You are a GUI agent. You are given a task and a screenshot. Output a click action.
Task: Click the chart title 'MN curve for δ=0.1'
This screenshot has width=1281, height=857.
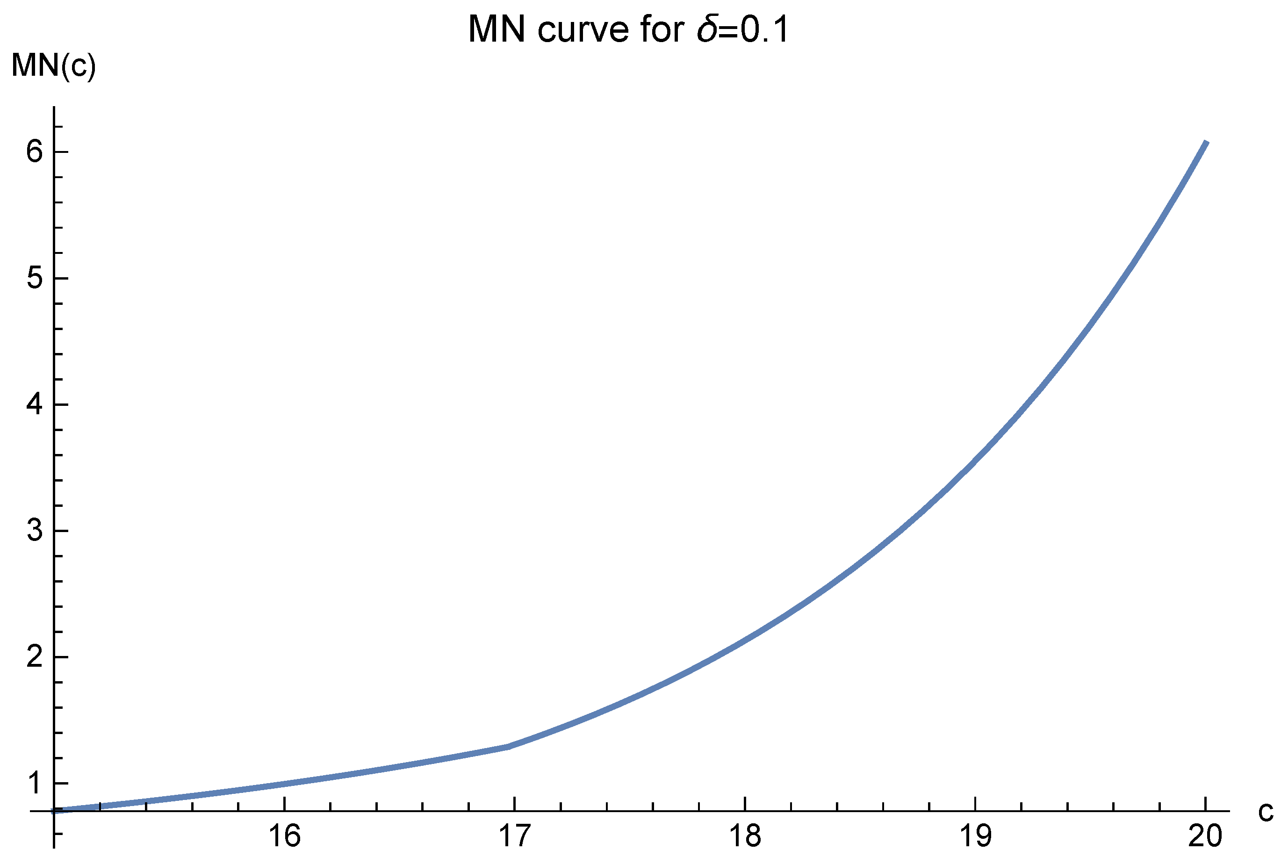point(629,29)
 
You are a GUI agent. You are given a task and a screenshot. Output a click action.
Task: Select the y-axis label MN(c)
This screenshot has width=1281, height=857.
point(53,66)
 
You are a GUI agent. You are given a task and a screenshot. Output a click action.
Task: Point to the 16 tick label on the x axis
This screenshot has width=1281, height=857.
point(285,836)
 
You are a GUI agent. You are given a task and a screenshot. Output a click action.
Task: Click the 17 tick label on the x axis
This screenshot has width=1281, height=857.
point(515,836)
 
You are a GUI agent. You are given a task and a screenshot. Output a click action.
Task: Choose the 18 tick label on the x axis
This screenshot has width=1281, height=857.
point(745,836)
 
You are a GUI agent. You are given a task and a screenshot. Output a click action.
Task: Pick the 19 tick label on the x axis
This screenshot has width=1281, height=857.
point(975,836)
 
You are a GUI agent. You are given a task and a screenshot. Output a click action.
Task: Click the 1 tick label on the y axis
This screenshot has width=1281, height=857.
point(35,783)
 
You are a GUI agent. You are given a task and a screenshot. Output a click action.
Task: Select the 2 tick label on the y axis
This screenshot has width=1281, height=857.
point(35,657)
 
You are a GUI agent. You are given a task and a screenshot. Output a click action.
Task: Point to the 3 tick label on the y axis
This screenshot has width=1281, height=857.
point(35,531)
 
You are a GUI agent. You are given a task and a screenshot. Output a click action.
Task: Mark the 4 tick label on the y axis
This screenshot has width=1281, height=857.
point(35,404)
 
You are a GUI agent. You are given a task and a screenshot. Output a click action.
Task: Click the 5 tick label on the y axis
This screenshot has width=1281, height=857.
point(35,278)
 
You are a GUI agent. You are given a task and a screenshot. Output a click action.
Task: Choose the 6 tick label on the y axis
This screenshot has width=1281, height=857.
point(35,151)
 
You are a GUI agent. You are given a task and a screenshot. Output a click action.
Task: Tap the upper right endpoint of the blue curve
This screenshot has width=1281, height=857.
point(1206,143)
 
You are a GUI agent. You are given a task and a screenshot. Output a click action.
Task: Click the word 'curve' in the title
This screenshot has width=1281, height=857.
point(583,29)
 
